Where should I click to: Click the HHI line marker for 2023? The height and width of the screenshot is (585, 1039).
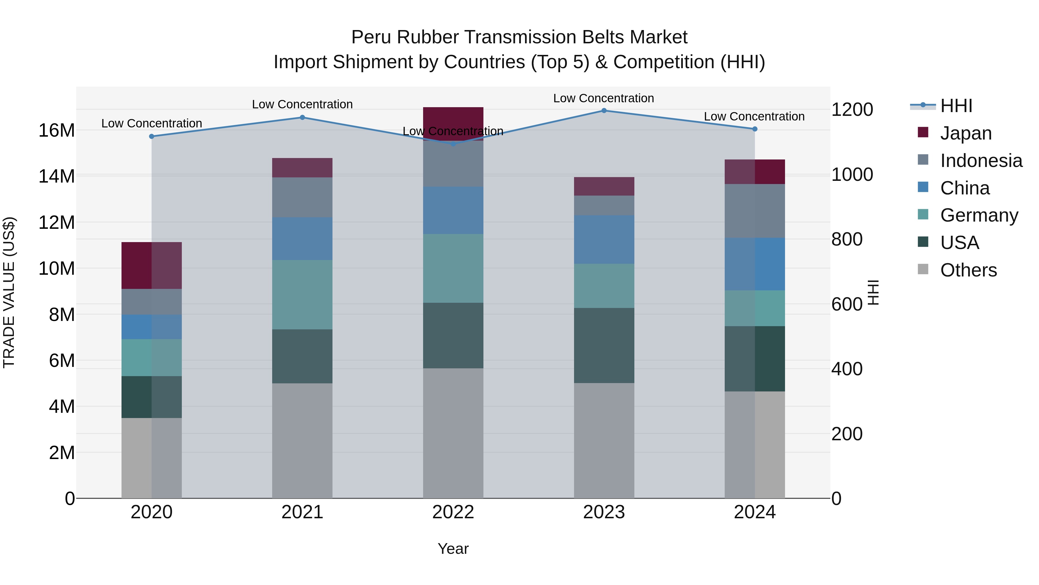tap(604, 111)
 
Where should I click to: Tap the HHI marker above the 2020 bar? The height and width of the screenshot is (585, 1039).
tap(152, 136)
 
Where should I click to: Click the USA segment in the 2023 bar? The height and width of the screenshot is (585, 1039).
tap(604, 345)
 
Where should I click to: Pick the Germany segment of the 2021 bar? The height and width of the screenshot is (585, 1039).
tap(302, 294)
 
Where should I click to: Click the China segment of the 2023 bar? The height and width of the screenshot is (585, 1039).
tap(604, 239)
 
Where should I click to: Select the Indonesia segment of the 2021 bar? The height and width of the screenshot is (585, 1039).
tap(302, 197)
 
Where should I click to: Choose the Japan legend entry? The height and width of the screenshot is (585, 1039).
tap(966, 133)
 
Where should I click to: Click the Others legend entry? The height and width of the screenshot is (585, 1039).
tap(968, 270)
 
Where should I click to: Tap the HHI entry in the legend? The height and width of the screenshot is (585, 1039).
tap(956, 106)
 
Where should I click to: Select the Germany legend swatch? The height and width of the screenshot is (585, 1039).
tap(923, 214)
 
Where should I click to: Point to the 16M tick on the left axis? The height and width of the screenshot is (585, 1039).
tap(57, 130)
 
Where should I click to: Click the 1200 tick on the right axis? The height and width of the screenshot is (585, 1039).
tap(852, 109)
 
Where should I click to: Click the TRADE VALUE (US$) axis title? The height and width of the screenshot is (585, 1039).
tap(9, 292)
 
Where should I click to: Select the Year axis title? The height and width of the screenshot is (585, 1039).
tap(453, 549)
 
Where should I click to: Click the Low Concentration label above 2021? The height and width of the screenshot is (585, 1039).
tap(302, 104)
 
